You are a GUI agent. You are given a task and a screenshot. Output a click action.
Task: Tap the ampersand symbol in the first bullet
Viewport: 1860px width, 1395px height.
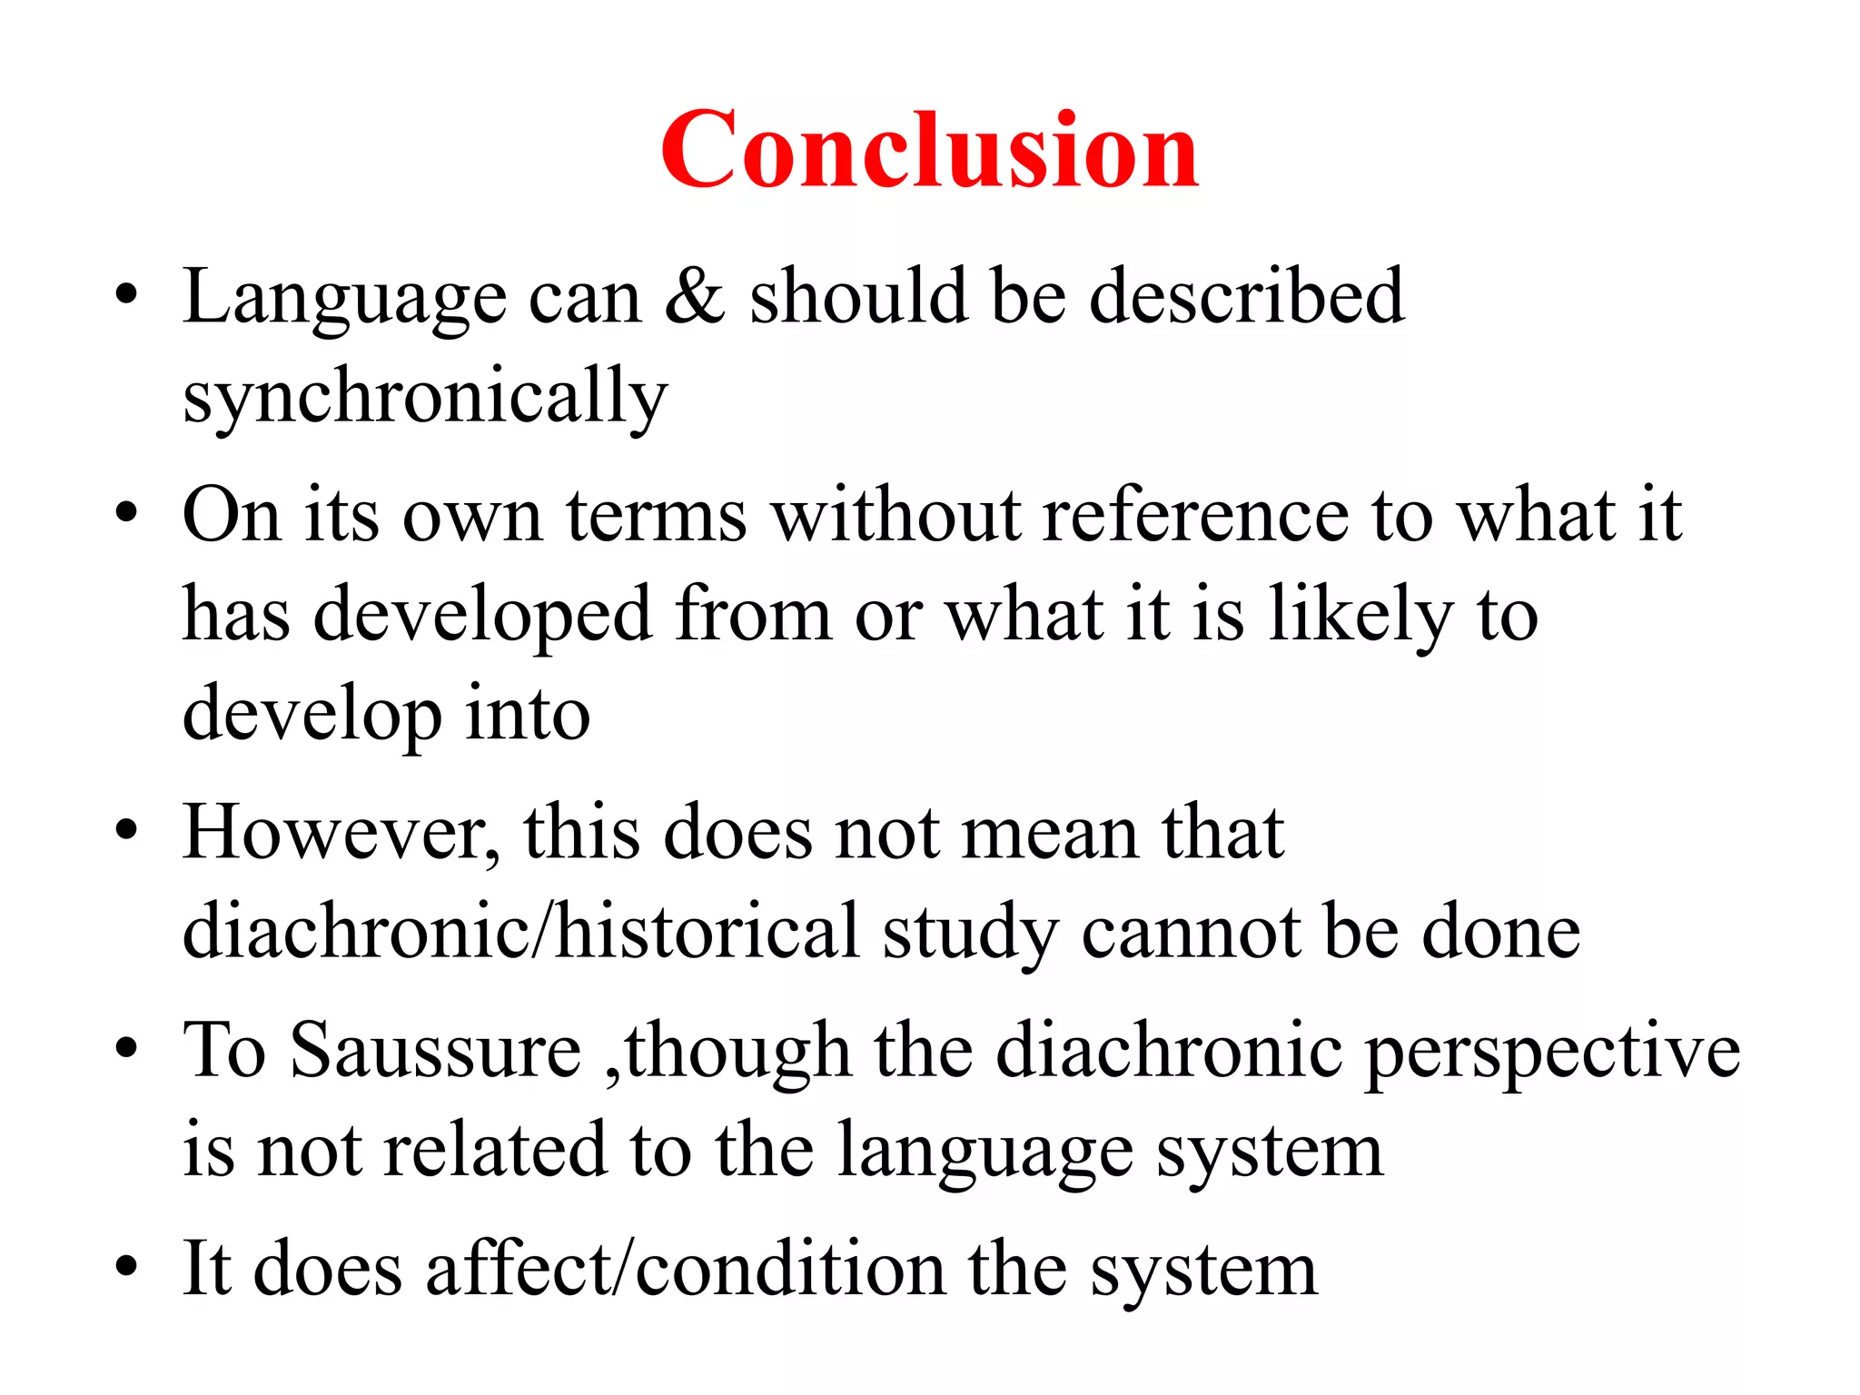(695, 296)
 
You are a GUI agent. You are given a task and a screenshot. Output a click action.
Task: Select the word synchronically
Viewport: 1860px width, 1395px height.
(425, 396)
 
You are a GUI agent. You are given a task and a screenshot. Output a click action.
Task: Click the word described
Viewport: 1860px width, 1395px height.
(1246, 296)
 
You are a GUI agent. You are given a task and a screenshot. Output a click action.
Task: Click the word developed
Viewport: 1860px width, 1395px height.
(482, 615)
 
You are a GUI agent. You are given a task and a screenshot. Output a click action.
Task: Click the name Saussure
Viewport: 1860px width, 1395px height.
(436, 1051)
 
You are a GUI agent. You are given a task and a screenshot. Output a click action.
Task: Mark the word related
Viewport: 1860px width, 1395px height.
(494, 1150)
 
